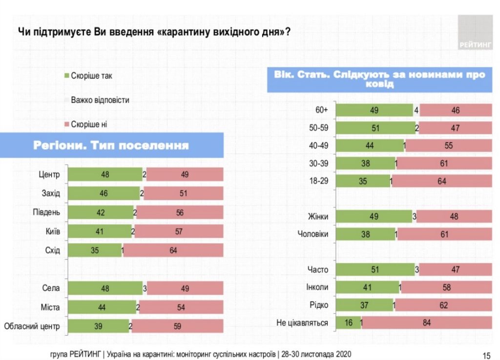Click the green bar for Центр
[104, 174]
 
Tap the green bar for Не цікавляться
[347, 322]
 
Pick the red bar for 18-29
[442, 181]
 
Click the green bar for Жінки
[374, 216]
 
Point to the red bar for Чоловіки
[445, 234]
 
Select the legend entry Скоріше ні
[88, 124]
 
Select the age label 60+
[321, 110]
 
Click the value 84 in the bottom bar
[427, 322]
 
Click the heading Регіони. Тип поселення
[111, 146]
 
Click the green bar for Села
[104, 288]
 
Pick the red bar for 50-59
[456, 128]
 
